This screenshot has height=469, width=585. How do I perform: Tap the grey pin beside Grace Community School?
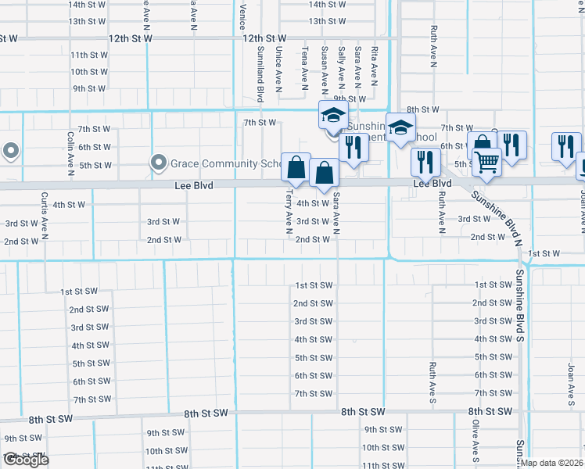coord(160,163)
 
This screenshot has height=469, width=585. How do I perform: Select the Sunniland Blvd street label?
coord(260,74)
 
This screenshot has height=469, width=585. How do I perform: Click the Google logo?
coord(25,460)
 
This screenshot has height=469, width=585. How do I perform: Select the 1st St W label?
coord(544,253)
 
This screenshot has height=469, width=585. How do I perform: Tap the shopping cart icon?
coord(486,162)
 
